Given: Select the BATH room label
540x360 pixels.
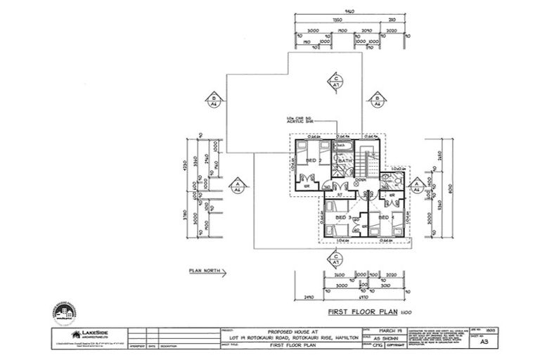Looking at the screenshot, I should pyautogui.click(x=345, y=161).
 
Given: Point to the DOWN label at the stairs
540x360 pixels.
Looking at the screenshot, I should pyautogui.click(x=361, y=180).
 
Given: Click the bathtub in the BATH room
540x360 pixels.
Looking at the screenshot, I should pyautogui.click(x=345, y=146).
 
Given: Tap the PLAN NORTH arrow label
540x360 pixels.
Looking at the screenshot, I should pyautogui.click(x=203, y=270).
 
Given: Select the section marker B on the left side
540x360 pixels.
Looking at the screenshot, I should pyautogui.click(x=212, y=99).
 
